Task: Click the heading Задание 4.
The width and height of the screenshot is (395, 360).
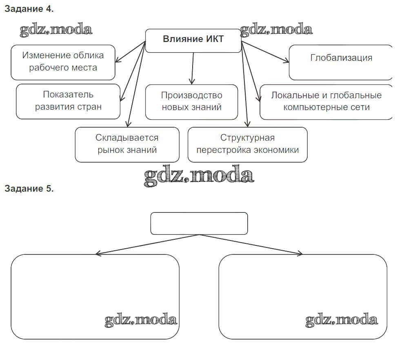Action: (x=29, y=9)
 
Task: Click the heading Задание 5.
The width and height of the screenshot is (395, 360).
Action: (x=29, y=188)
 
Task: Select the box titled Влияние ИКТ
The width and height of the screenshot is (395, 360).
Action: (x=193, y=41)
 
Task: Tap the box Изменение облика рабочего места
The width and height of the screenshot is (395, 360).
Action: (x=63, y=62)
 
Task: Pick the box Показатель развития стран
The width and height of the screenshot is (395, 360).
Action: (x=68, y=101)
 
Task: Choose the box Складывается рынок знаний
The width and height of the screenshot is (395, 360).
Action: (x=127, y=144)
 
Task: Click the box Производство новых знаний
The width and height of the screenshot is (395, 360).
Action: (x=191, y=102)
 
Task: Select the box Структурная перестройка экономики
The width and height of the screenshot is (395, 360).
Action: (x=247, y=144)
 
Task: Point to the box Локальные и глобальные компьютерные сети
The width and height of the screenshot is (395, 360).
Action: (x=326, y=102)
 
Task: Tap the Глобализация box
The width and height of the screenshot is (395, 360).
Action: (x=341, y=62)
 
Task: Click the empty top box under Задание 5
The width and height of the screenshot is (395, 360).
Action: (x=199, y=223)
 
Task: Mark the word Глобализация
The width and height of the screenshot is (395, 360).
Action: (x=341, y=57)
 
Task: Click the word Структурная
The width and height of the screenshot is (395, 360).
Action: (x=247, y=138)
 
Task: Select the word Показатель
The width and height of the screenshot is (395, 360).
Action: (x=68, y=95)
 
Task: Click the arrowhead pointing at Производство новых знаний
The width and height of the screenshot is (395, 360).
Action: (x=191, y=82)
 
